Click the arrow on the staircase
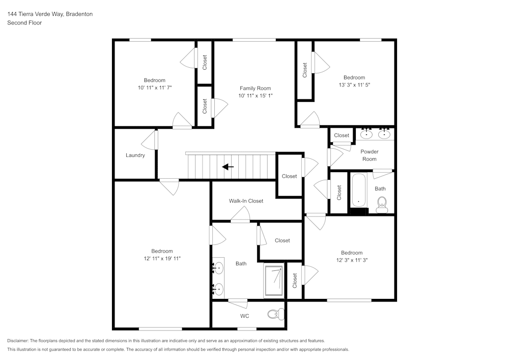tap(228, 167)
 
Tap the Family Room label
tap(256, 88)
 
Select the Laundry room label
tap(135, 155)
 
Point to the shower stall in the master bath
tap(274, 280)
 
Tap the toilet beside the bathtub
tap(382, 206)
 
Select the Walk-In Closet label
tap(246, 201)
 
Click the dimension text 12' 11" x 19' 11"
tap(162, 259)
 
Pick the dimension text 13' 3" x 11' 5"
tap(354, 85)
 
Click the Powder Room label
tap(370, 155)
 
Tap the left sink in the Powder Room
tap(367, 134)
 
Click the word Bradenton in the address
tap(79, 14)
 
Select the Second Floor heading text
tap(24, 23)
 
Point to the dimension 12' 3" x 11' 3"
tap(352, 260)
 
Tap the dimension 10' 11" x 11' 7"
tap(154, 88)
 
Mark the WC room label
tap(244, 316)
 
